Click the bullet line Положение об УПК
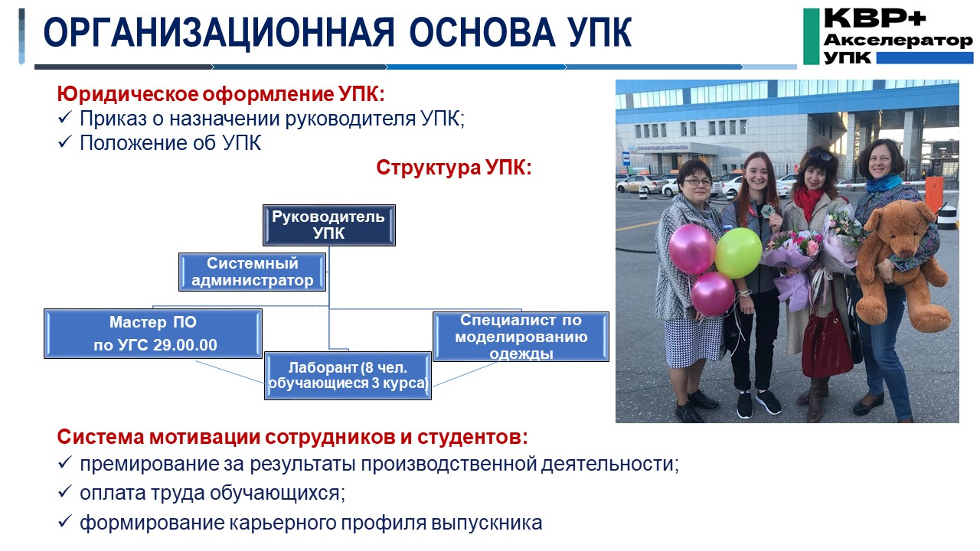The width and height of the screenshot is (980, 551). click(170, 143)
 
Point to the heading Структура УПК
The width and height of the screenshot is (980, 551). click(453, 168)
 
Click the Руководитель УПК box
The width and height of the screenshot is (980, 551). click(328, 225)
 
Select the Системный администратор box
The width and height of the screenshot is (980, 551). click(253, 272)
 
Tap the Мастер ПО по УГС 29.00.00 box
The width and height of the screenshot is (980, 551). click(153, 333)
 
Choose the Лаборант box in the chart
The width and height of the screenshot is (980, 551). click(348, 374)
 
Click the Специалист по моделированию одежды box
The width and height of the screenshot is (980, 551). click(521, 337)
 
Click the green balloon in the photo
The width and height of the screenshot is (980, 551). click(738, 253)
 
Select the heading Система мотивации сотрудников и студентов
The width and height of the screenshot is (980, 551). click(292, 438)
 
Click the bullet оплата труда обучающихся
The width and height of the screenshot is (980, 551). click(212, 493)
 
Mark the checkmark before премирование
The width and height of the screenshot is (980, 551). click(65, 465)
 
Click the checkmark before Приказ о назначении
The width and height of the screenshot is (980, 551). click(65, 119)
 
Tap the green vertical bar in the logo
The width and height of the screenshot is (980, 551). click(811, 36)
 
